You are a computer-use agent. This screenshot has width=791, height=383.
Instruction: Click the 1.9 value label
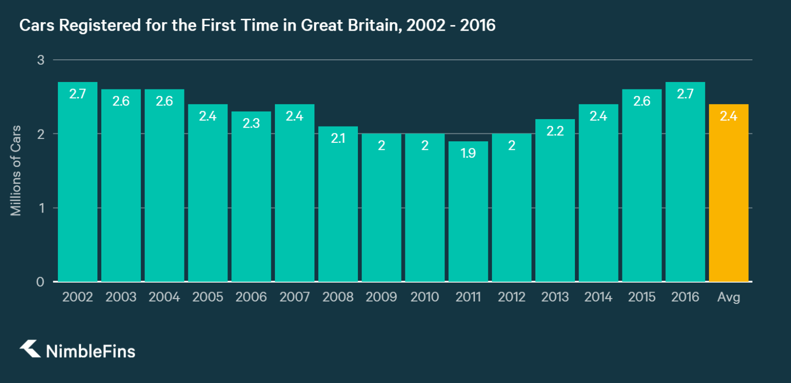tap(468, 153)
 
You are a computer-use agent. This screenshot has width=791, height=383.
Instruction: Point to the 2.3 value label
tap(251, 123)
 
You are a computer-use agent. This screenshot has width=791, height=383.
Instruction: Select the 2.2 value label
tap(555, 131)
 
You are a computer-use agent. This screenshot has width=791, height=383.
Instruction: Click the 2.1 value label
tap(338, 138)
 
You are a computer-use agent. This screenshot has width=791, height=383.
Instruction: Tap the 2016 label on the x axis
tap(685, 297)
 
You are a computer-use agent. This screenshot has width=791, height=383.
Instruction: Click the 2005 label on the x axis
tap(208, 297)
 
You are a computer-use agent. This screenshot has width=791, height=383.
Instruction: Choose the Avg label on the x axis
tap(728, 297)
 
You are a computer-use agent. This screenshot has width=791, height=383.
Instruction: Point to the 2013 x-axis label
tap(555, 297)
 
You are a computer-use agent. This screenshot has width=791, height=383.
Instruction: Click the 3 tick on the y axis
tap(41, 60)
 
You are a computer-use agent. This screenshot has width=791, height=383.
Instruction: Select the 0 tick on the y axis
tap(41, 282)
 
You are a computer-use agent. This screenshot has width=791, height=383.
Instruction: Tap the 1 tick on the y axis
tap(42, 208)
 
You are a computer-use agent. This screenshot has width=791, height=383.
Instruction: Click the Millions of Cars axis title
tap(16, 170)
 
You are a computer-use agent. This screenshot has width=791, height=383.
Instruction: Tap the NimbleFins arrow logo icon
tap(30, 348)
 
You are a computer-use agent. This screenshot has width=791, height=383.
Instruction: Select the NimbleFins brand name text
tap(90, 351)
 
